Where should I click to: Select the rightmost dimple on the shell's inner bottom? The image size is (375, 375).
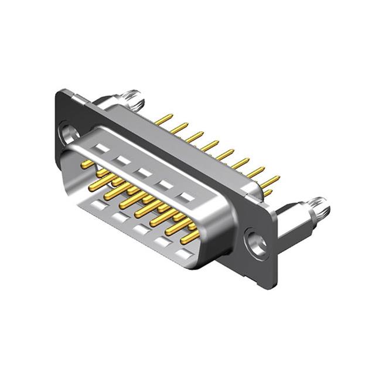(x=185, y=254)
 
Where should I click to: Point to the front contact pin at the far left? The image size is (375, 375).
(x=88, y=163)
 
